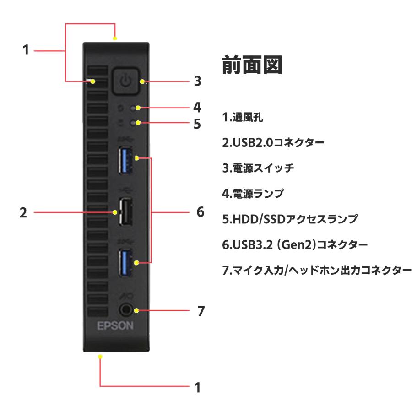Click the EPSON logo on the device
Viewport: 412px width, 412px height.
pos(115,326)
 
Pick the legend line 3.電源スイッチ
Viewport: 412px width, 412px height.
pos(255,168)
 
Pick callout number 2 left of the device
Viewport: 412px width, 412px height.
pos(23,213)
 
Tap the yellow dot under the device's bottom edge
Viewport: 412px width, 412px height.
pos(100,356)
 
